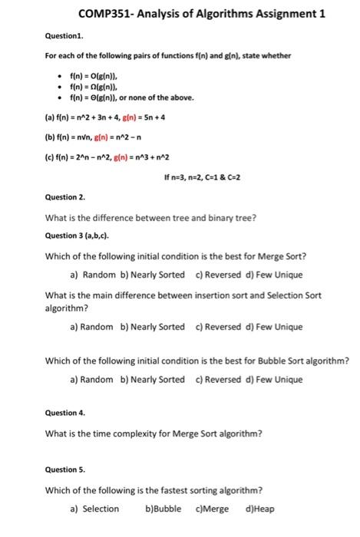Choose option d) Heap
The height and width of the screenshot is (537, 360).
pyautogui.click(x=260, y=509)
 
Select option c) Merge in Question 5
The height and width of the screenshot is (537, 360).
pyautogui.click(x=212, y=509)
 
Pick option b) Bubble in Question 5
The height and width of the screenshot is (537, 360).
pyautogui.click(x=163, y=509)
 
